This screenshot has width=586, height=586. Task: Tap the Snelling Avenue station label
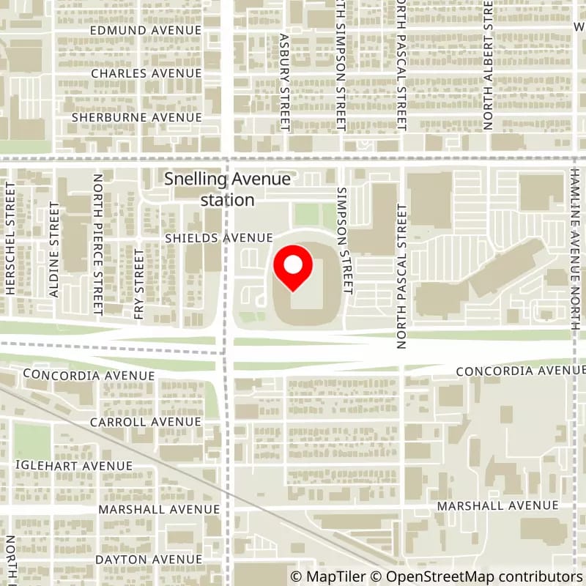[227, 189]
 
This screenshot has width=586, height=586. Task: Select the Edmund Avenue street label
[146, 30]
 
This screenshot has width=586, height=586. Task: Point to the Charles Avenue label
[146, 73]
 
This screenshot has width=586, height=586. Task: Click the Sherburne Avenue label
[136, 117]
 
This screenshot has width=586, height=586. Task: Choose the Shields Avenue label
[218, 238]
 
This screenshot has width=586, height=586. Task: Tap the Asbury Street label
[286, 81]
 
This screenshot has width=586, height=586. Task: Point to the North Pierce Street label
[97, 245]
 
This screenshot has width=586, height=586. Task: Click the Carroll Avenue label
[145, 422]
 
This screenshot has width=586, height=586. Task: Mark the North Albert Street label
[487, 66]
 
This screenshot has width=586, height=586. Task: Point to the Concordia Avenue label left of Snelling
[89, 375]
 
